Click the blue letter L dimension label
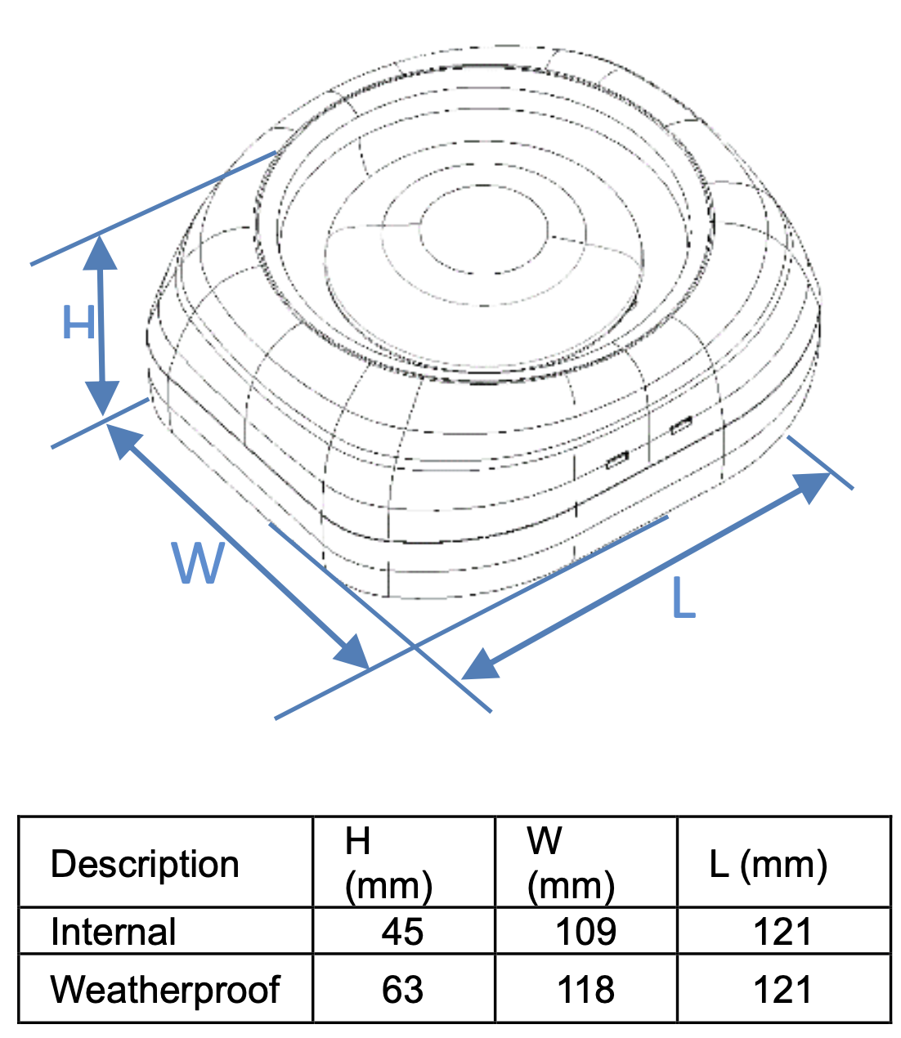(683, 598)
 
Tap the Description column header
(145, 863)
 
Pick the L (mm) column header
(768, 864)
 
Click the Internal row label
(113, 931)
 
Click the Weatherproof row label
(165, 989)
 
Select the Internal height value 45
(402, 932)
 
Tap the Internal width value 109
(585, 932)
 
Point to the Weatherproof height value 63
(402, 990)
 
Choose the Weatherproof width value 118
(585, 990)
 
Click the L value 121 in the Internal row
(782, 932)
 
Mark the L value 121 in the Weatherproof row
(782, 990)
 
